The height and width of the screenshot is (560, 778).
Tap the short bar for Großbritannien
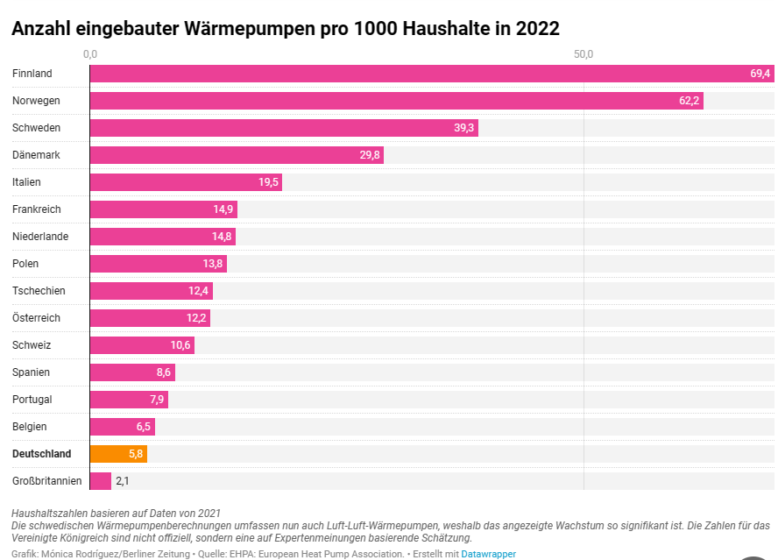click(100, 481)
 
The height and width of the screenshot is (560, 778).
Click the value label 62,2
click(689, 101)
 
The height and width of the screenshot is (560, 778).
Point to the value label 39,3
click(463, 128)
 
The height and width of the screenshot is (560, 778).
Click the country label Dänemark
click(36, 155)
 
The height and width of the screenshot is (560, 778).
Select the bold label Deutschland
click(41, 454)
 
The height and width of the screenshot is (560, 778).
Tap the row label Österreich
click(36, 318)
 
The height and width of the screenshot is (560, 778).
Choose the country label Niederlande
click(39, 237)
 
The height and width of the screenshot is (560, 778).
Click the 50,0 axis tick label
click(583, 54)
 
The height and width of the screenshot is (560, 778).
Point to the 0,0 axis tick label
click(90, 54)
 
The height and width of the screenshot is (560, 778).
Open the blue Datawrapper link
click(488, 554)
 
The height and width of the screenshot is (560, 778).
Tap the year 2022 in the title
click(536, 28)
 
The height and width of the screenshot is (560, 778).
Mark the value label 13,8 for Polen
click(213, 264)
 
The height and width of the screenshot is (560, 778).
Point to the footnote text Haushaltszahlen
click(48, 513)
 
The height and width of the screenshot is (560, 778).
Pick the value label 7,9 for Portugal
click(157, 400)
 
